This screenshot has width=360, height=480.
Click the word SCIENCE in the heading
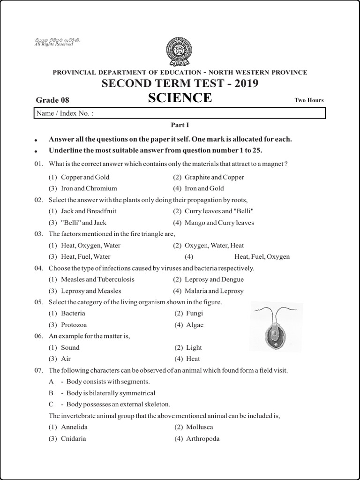click(180, 98)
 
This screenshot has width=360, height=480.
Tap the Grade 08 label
click(52, 100)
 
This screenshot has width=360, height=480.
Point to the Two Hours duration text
click(309, 100)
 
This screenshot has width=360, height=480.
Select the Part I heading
click(180, 125)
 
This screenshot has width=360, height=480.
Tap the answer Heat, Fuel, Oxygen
click(262, 256)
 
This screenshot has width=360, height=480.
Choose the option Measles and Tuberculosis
click(97, 279)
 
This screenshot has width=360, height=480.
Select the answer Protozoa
click(74, 325)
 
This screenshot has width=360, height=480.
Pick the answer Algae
click(195, 325)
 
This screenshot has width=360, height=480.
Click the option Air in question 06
click(66, 359)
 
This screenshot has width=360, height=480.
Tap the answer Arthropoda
click(202, 439)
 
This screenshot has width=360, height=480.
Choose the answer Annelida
click(74, 427)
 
